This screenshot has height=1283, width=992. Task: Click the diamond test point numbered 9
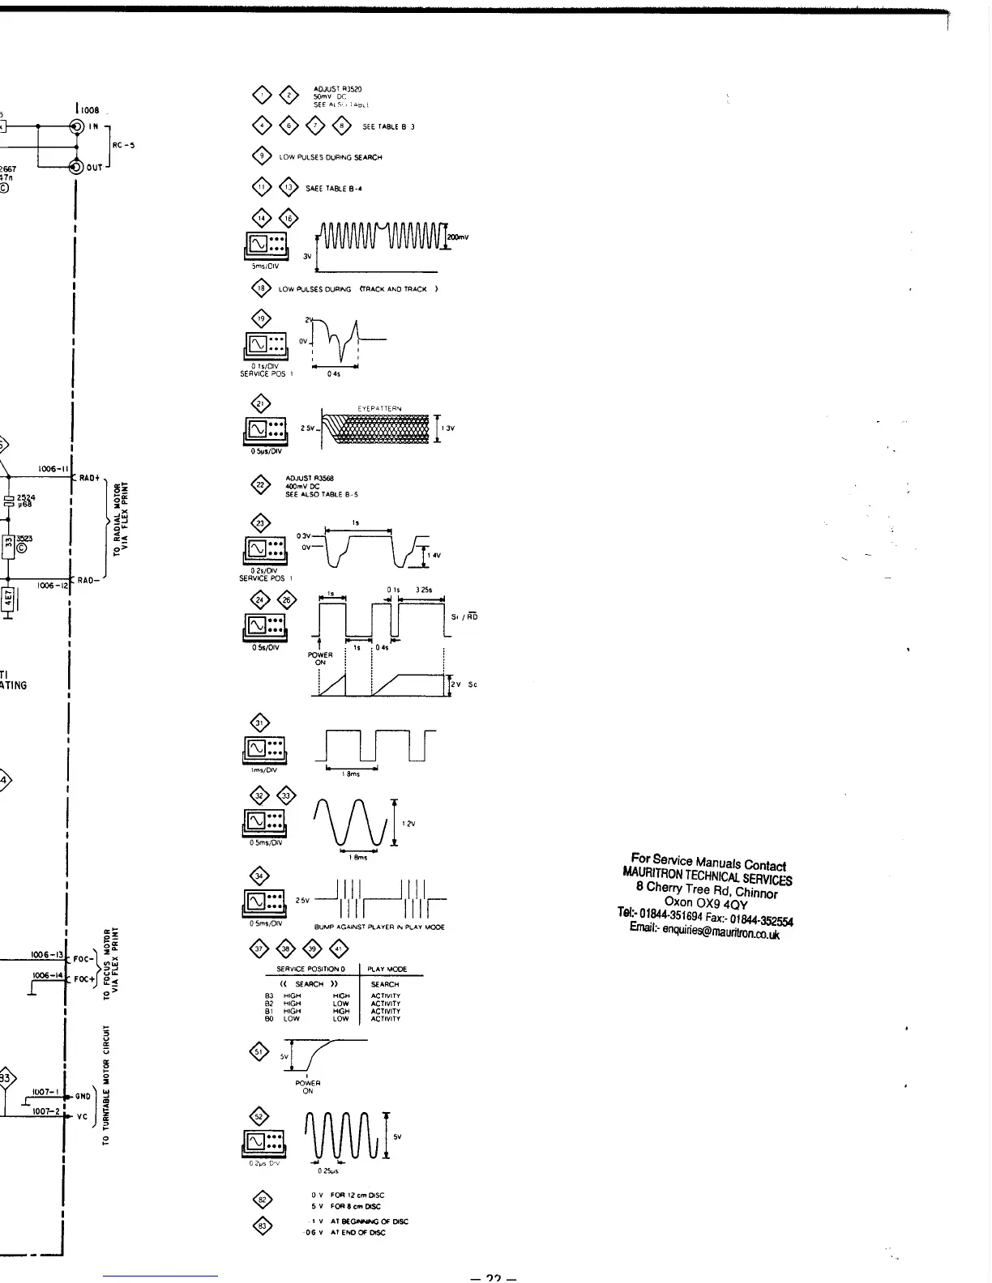(x=262, y=156)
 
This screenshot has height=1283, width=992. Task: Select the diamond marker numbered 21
(x=262, y=405)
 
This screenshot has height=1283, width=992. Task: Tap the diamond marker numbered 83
(x=262, y=1226)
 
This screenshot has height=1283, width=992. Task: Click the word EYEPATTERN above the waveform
(x=379, y=409)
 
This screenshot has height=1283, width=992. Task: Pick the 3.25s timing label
(x=423, y=590)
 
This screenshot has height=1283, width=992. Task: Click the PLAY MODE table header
(x=387, y=969)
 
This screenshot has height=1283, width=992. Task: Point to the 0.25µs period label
(x=327, y=1170)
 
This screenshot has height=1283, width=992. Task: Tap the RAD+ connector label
(x=88, y=478)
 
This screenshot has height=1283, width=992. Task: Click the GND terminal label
(x=82, y=1096)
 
